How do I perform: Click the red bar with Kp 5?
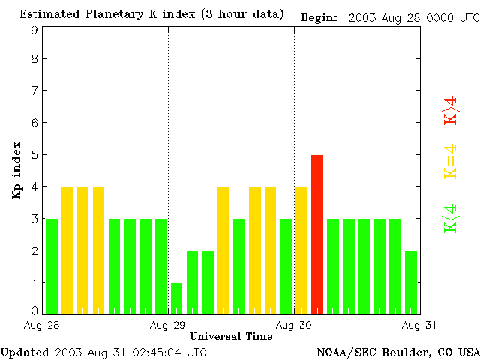[x=317, y=234]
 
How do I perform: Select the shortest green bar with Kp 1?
[x=177, y=298]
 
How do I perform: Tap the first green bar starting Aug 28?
[x=52, y=266]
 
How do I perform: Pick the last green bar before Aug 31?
[x=411, y=282]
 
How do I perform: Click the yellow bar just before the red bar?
[x=301, y=250]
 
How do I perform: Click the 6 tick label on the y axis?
[x=34, y=123]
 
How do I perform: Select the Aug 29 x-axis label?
[x=168, y=325]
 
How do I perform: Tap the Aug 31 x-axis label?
[x=419, y=325]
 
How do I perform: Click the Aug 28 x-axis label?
[x=42, y=325]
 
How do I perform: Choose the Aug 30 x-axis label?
[x=294, y=325]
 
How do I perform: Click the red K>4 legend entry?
[x=451, y=110]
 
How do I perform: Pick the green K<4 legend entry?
[x=451, y=219]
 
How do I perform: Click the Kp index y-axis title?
[x=16, y=170]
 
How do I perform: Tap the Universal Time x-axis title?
[x=231, y=336]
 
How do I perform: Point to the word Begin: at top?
[x=319, y=16]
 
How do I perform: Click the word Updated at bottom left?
[x=25, y=352]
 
